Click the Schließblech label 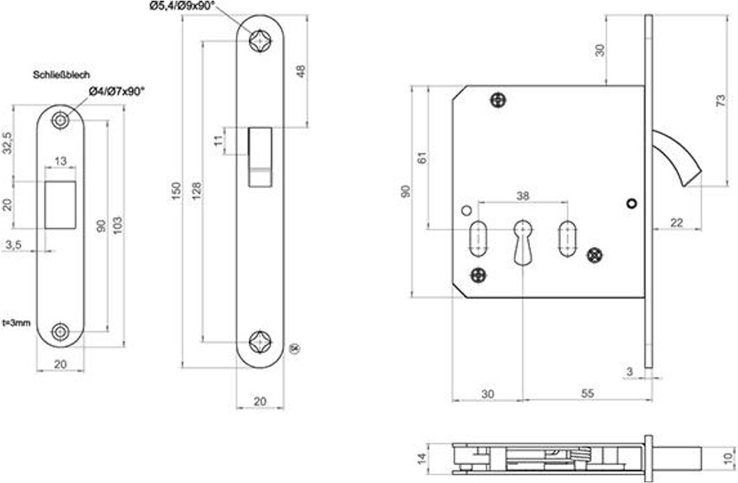pyautogui.click(x=61, y=75)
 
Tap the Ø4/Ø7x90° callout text pyautogui.click(x=116, y=92)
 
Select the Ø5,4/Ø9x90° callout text pyautogui.click(x=182, y=6)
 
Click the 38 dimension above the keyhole pyautogui.click(x=523, y=196)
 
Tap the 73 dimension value pyautogui.click(x=721, y=101)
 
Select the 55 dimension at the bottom pyautogui.click(x=587, y=393)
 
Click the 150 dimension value pyautogui.click(x=176, y=191)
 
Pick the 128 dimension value pyautogui.click(x=197, y=191)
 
